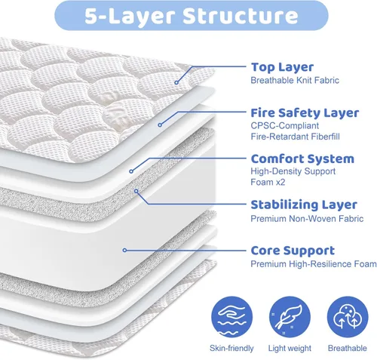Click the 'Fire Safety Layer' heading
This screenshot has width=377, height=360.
(305, 112)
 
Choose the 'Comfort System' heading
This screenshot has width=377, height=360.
(302, 158)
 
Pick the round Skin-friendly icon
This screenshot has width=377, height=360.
(231, 317)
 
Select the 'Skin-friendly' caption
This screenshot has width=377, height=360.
(231, 348)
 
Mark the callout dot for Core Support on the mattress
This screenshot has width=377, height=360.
(124, 250)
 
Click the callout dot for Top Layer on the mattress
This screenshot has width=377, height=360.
(178, 82)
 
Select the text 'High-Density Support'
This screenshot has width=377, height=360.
(293, 172)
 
